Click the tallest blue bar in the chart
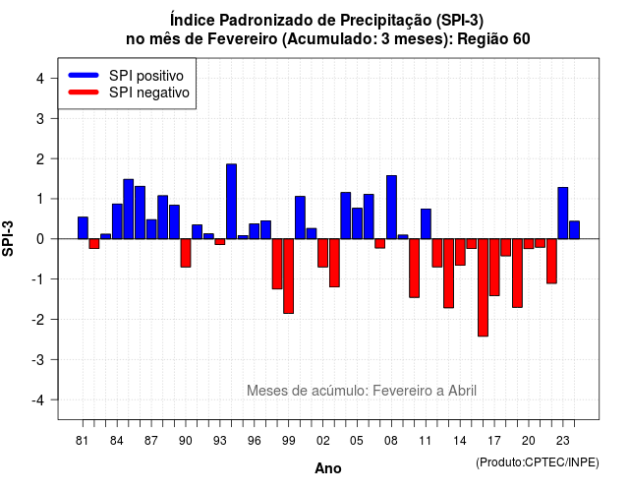[232, 201]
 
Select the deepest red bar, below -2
[483, 287]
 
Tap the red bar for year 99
[288, 276]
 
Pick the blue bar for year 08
[391, 208]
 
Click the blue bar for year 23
[563, 213]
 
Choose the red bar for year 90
[186, 253]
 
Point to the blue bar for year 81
[83, 227]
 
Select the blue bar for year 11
[426, 223]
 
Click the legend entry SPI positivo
[146, 76]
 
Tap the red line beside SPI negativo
[84, 92]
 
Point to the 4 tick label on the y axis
[40, 79]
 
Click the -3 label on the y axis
[38, 359]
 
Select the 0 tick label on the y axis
[40, 239]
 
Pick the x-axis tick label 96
[254, 441]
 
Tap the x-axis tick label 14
[460, 441]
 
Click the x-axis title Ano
[328, 468]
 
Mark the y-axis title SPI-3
[8, 238]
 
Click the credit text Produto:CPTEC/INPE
[538, 462]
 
